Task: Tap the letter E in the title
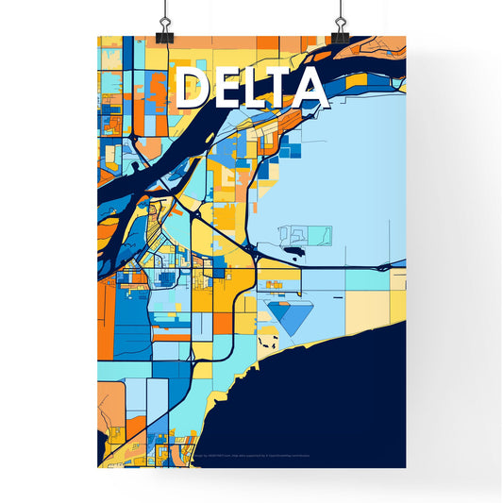tap(226, 89)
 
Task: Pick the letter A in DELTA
tap(311, 89)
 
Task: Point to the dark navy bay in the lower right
tap(340, 406)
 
